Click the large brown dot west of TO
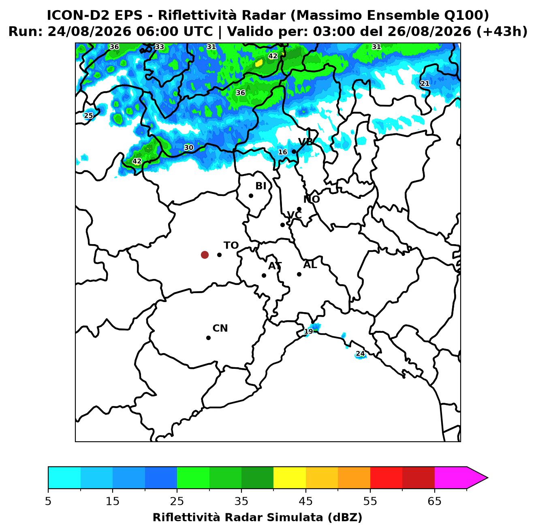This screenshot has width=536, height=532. click(x=205, y=254)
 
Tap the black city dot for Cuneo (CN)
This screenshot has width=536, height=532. click(x=208, y=338)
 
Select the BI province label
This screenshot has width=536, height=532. click(x=261, y=186)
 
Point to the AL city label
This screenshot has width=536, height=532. click(x=310, y=265)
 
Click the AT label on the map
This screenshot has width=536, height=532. click(x=275, y=266)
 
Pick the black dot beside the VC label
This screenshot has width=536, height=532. click(x=283, y=225)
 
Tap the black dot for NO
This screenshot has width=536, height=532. click(x=299, y=209)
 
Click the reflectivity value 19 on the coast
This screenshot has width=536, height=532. click(x=308, y=331)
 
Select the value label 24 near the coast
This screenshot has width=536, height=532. click(x=360, y=353)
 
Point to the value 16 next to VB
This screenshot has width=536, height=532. click(x=283, y=152)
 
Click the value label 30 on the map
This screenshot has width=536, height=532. click(x=188, y=147)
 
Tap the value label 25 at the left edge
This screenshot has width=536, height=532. click(x=88, y=115)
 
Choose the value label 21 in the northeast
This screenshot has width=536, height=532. click(x=425, y=83)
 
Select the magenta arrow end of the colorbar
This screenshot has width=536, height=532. click(x=477, y=478)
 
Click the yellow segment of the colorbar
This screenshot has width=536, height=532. click(x=290, y=478)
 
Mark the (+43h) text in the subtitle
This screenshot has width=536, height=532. click(x=502, y=32)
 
